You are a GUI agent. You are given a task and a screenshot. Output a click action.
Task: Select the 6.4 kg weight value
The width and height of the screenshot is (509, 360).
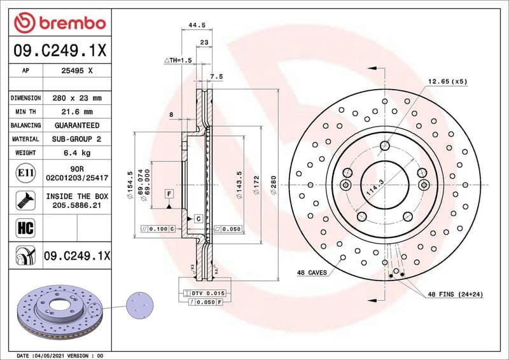76,153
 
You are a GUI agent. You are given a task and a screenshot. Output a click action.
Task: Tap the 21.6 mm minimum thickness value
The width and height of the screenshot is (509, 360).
76,112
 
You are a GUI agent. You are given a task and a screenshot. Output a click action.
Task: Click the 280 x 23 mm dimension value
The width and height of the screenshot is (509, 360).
76,99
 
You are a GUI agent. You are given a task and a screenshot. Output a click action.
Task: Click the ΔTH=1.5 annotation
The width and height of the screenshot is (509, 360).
178,60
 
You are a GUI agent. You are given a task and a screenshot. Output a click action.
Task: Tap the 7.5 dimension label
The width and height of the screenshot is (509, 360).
216,76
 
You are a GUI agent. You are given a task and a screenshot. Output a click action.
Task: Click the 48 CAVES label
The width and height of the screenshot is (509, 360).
312,272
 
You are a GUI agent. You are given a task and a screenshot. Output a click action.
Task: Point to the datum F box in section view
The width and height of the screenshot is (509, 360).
170,193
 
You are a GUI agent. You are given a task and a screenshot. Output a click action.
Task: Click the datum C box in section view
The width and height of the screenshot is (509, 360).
198,218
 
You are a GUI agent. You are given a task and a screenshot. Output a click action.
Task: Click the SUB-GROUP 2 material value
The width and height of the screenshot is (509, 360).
76,139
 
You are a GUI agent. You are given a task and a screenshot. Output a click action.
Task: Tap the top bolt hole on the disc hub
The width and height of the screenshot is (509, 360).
384,146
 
